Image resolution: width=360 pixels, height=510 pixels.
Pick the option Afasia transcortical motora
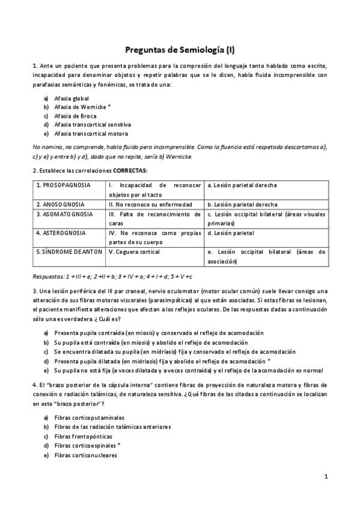90,134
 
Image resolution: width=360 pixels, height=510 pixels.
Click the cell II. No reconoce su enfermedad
145,204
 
